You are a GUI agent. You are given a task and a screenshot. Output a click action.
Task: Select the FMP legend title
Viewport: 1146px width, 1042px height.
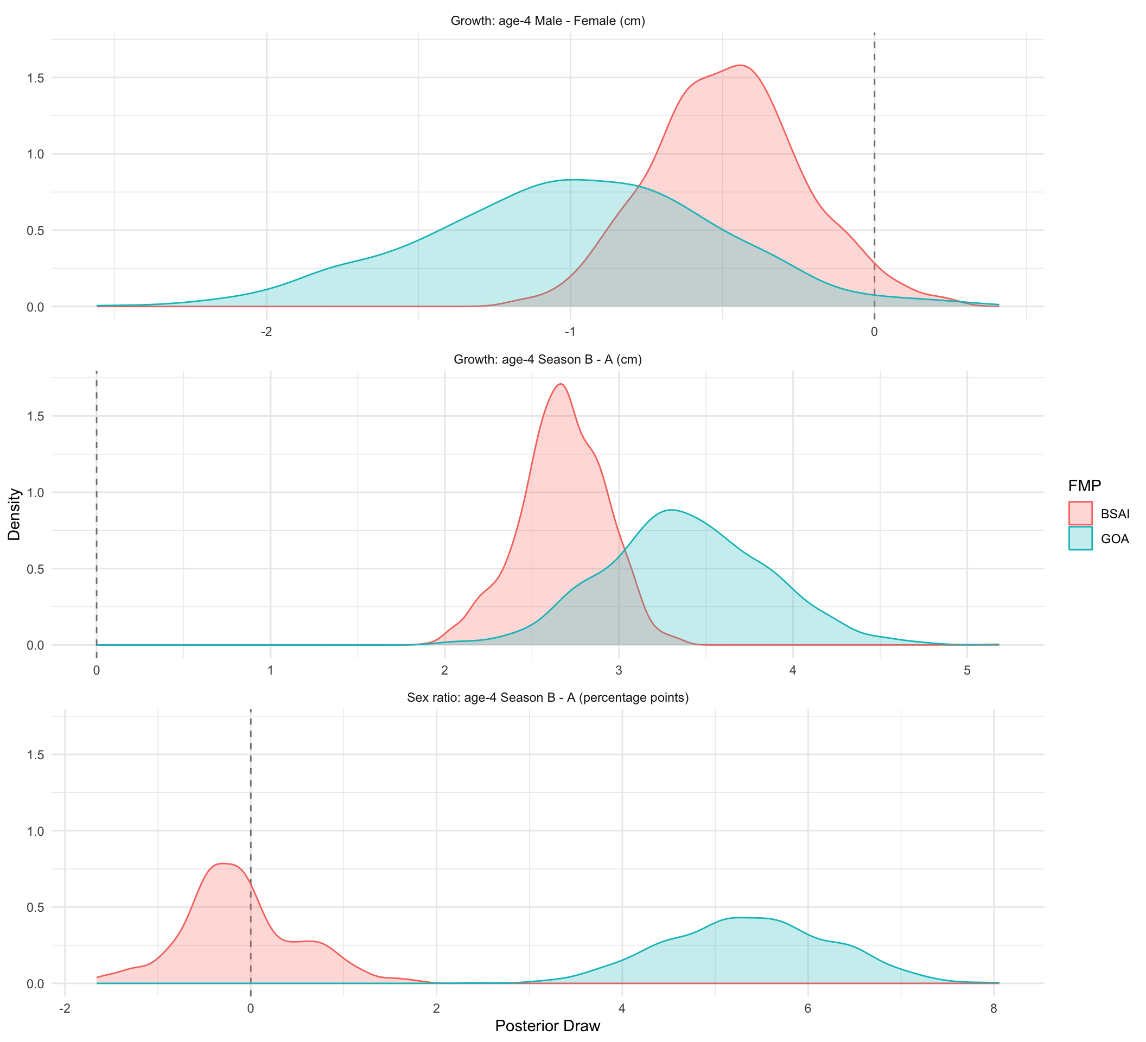pos(1084,486)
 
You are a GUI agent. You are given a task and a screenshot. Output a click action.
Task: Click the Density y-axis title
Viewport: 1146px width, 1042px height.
pos(14,514)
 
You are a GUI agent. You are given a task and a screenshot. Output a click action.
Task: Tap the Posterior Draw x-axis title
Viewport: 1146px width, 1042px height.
pos(547,1026)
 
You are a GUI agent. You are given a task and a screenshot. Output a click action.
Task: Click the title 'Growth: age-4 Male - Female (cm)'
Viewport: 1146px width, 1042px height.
pos(547,22)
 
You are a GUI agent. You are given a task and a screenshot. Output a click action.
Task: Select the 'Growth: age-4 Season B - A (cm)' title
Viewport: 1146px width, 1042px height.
pos(547,360)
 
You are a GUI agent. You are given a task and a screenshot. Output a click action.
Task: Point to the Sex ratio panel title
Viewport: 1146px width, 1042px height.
pos(547,698)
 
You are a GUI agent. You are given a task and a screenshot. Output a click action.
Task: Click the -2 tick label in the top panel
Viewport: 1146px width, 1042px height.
pos(266,332)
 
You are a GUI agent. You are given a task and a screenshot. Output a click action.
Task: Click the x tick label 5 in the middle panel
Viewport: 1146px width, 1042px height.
pos(967,670)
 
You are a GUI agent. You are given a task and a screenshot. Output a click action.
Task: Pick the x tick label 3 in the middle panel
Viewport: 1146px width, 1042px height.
pos(619,670)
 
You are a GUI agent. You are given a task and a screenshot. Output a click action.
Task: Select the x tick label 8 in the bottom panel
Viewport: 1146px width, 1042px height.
pos(994,1008)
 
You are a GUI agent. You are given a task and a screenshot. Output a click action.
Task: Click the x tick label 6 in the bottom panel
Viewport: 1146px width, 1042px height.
pos(808,1008)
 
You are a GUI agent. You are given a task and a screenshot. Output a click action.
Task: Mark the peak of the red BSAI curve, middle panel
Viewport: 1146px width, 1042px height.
pos(561,384)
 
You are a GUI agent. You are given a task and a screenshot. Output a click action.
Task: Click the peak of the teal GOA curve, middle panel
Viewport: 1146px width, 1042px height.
pos(671,510)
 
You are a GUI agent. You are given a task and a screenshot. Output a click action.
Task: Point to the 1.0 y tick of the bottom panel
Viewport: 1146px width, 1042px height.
pos(36,831)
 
